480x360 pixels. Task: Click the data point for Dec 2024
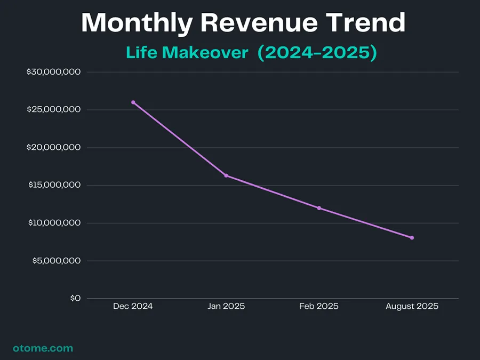133,102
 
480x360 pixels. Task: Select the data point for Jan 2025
226,175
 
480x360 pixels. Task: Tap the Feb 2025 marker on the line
319,208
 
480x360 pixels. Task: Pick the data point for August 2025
412,238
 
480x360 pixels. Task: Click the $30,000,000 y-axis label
53,72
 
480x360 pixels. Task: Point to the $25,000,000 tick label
53,110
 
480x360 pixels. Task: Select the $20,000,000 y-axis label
53,148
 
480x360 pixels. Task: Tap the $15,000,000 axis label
53,186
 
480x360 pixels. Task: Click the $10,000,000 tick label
53,223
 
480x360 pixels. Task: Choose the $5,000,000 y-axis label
56,261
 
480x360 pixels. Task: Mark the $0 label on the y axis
75,299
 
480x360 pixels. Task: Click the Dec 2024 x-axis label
133,306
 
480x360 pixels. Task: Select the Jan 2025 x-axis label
226,306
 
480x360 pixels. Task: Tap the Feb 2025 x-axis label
319,306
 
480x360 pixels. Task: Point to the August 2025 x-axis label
412,306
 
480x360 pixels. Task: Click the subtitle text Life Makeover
187,53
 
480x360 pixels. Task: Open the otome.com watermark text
43,348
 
